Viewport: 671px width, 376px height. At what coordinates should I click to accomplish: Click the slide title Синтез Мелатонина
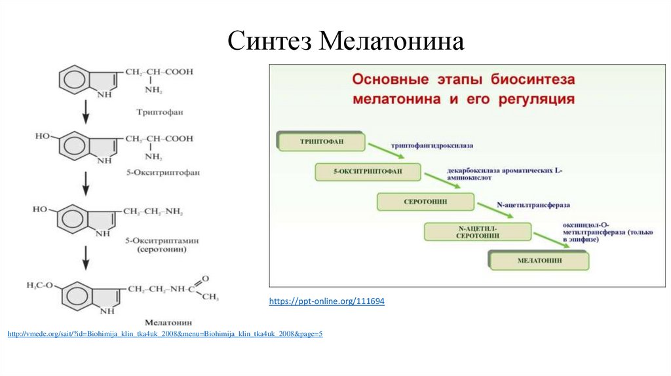tap(347, 41)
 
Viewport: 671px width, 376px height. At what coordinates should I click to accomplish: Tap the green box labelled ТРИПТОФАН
tap(322, 141)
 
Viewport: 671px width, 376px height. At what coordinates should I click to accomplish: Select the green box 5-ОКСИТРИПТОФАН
tap(368, 172)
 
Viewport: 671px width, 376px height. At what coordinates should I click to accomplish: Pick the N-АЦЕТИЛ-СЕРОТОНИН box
tap(477, 231)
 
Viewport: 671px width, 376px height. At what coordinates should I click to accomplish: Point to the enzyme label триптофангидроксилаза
tap(432, 145)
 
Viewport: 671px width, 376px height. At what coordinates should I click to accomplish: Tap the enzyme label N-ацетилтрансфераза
tap(533, 204)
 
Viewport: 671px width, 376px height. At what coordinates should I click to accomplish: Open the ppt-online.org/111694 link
tap(327, 301)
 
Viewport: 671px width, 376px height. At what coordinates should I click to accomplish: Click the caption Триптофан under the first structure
tap(161, 112)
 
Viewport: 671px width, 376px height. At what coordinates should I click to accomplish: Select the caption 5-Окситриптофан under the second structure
tap(163, 172)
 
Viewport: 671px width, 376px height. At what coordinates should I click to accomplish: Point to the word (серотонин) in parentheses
tap(163, 250)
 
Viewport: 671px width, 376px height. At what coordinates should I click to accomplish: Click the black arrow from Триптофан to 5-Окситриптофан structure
tap(85, 113)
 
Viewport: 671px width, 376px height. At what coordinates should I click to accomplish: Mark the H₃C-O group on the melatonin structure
tap(43, 286)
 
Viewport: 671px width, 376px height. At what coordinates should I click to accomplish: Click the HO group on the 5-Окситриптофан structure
tap(43, 136)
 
